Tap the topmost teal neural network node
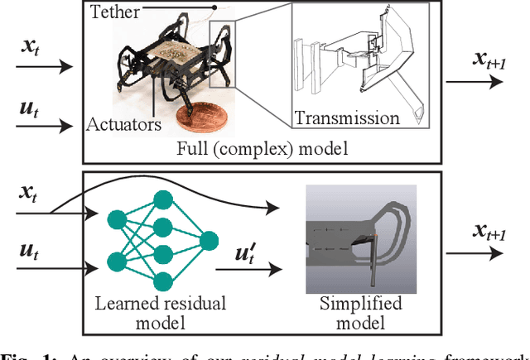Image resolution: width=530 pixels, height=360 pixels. tap(160, 200)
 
